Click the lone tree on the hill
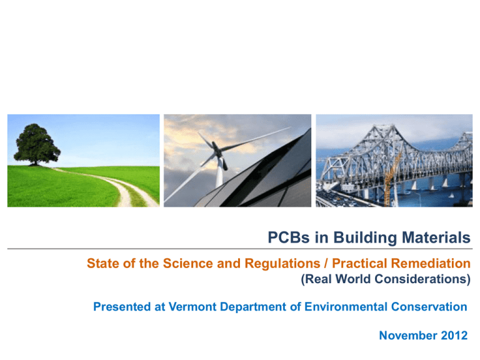tap(37, 144)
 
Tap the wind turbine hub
tap(217, 149)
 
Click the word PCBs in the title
tap(289, 237)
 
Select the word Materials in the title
tap(436, 237)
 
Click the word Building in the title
tap(365, 237)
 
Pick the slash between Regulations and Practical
tap(326, 264)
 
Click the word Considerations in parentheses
tap(422, 279)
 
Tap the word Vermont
tap(192, 307)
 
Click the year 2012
tap(454, 336)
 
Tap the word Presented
tap(122, 307)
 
